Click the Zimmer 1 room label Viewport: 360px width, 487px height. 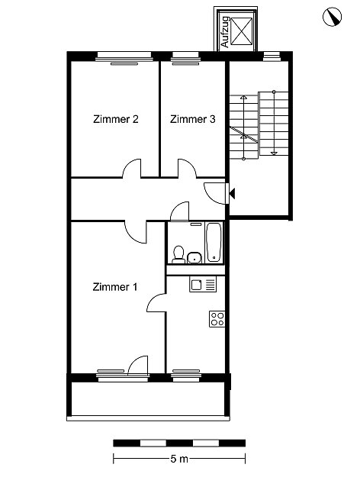[115, 287]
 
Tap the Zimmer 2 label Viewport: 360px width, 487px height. [116, 119]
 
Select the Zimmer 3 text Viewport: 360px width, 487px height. [192, 119]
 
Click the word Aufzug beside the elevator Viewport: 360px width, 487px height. [224, 32]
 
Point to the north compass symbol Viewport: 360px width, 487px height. [332, 17]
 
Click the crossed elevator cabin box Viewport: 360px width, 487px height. [242, 31]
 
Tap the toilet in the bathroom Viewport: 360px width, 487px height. [178, 255]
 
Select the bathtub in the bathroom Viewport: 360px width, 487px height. [214, 242]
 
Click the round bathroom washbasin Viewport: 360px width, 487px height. [194, 257]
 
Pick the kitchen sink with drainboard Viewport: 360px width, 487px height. [203, 285]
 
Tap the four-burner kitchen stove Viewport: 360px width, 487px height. [217, 318]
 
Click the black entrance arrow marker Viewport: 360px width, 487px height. [232, 193]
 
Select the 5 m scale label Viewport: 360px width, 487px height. [179, 459]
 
